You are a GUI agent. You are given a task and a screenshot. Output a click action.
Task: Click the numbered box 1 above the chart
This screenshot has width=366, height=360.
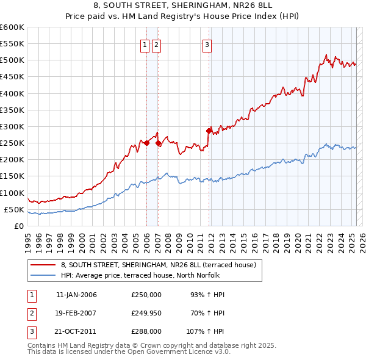[145, 44]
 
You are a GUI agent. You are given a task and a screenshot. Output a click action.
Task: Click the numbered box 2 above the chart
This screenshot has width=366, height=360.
[156, 44]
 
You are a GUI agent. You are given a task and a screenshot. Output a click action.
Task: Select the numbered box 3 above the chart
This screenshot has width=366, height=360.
[207, 44]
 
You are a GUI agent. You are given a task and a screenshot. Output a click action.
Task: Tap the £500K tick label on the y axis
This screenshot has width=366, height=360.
[12, 60]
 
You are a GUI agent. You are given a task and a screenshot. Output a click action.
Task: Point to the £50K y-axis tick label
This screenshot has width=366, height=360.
[14, 210]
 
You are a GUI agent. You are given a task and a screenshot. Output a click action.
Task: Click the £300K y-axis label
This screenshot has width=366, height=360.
[12, 127]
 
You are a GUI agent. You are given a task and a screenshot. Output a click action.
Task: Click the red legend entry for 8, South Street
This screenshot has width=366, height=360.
[162, 265]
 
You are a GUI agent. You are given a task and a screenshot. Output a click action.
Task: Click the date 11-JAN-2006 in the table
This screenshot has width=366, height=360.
[76, 295]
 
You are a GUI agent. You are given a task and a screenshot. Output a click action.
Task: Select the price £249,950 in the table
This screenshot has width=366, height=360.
[146, 314]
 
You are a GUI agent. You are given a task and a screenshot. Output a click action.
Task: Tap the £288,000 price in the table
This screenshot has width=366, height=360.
[146, 333]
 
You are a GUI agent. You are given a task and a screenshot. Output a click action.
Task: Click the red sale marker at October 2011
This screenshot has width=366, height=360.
[209, 131]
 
